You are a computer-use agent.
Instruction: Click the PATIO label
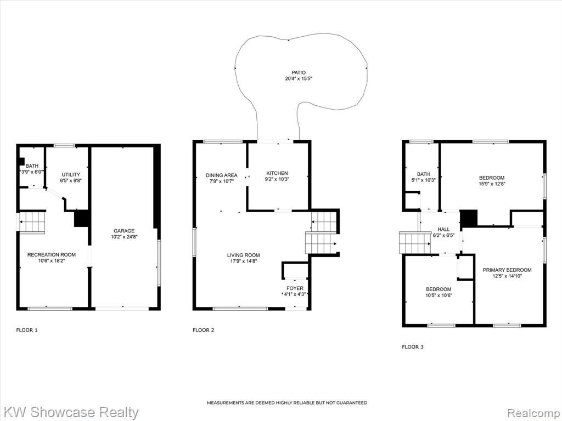[299, 73]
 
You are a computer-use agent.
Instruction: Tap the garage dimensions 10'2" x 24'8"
[125, 237]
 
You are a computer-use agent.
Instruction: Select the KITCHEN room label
[277, 173]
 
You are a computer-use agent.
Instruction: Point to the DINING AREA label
[222, 175]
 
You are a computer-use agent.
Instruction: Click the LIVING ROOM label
[243, 255]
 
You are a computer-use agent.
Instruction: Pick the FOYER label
[295, 288]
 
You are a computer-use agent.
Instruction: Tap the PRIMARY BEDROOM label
[507, 270]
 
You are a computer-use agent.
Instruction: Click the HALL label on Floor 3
[443, 230]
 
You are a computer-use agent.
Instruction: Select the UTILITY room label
[71, 175]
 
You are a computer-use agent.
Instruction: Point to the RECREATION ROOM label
[52, 255]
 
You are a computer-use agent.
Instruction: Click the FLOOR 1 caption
[27, 330]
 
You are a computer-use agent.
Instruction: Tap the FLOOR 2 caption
[203, 330]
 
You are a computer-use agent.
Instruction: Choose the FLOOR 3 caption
[413, 346]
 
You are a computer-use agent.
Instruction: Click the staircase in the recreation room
[32, 223]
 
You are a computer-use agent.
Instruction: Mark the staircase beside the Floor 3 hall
[415, 242]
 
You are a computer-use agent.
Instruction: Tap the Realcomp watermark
[533, 413]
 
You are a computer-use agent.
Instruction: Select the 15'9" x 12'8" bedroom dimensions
[492, 184]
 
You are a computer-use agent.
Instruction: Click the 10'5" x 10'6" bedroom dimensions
[439, 295]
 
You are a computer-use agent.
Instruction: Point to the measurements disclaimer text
[287, 403]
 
